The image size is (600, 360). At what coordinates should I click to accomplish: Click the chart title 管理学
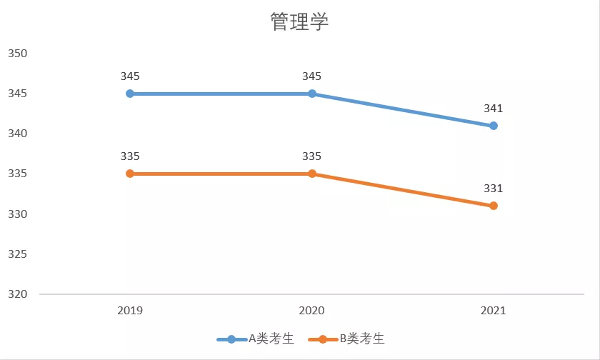pos(299,22)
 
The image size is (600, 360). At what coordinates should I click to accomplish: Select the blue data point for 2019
pos(130,94)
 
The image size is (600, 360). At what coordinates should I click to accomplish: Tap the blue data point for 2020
pos(312,94)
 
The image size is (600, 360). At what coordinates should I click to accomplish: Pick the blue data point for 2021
pos(494,126)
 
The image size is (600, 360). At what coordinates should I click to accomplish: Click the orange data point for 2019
pos(130,174)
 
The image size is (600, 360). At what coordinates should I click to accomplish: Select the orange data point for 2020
pos(312,174)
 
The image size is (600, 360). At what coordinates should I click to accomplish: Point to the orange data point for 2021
pos(494,206)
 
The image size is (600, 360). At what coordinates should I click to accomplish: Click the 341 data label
pos(494,109)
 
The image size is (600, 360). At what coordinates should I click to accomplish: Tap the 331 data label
pos(494,189)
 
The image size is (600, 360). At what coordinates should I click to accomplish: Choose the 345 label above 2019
pos(130,76)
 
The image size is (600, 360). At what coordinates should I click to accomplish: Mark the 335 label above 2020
pos(312,156)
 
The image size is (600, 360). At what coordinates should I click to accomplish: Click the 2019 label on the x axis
pos(130,311)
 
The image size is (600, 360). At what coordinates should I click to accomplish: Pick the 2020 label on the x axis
pos(312,311)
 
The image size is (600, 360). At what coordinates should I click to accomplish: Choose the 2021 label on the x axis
pos(494,311)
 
